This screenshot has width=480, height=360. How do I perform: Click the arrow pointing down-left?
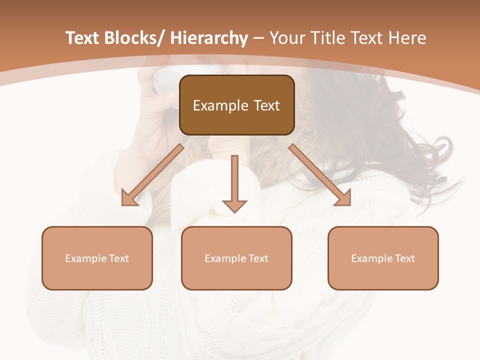153,175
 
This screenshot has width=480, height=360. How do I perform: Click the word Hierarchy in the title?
209,38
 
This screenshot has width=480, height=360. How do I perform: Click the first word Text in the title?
83,38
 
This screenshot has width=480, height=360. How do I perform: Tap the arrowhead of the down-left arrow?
129,198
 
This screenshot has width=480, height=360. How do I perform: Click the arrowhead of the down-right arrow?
343,198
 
